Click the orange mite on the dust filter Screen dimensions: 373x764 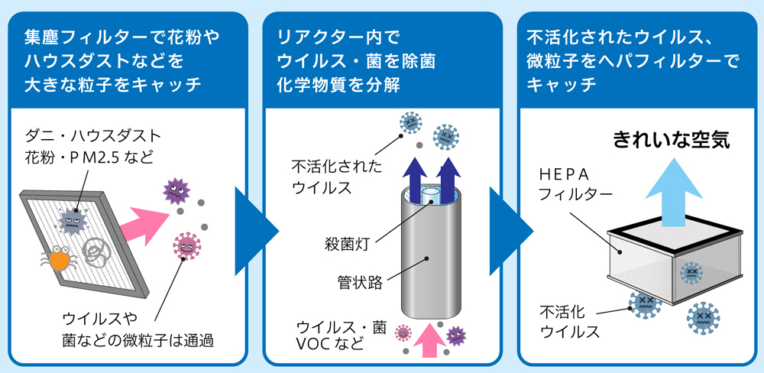[60, 258]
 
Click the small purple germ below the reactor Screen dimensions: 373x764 [456, 332]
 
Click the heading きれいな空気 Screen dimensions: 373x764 [671, 140]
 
